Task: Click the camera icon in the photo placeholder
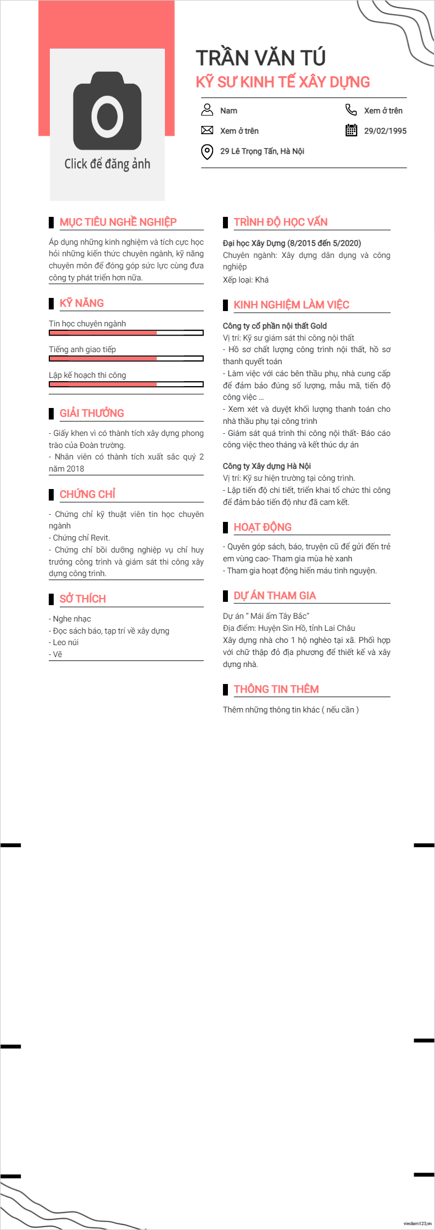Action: (107, 112)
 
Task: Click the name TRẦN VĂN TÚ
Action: (261, 58)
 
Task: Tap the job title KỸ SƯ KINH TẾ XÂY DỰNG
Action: (283, 82)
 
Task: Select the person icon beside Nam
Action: (207, 110)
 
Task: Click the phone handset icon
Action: (351, 110)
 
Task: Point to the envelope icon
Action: (207, 130)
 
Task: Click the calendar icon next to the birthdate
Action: (351, 130)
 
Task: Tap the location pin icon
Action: (207, 152)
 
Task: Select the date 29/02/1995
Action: (385, 131)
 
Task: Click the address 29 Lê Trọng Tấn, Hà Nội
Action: (262, 151)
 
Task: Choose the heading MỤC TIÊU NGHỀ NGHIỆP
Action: (118, 222)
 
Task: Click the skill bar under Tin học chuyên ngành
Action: (126, 333)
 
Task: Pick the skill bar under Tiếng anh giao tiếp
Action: (126, 359)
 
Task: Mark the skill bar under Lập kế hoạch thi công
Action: (126, 384)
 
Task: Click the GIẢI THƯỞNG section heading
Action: (91, 413)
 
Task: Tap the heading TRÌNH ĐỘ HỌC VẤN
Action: (281, 222)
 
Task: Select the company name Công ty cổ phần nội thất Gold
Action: (274, 326)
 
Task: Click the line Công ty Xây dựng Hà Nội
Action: (267, 466)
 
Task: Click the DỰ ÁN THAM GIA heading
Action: (274, 596)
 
